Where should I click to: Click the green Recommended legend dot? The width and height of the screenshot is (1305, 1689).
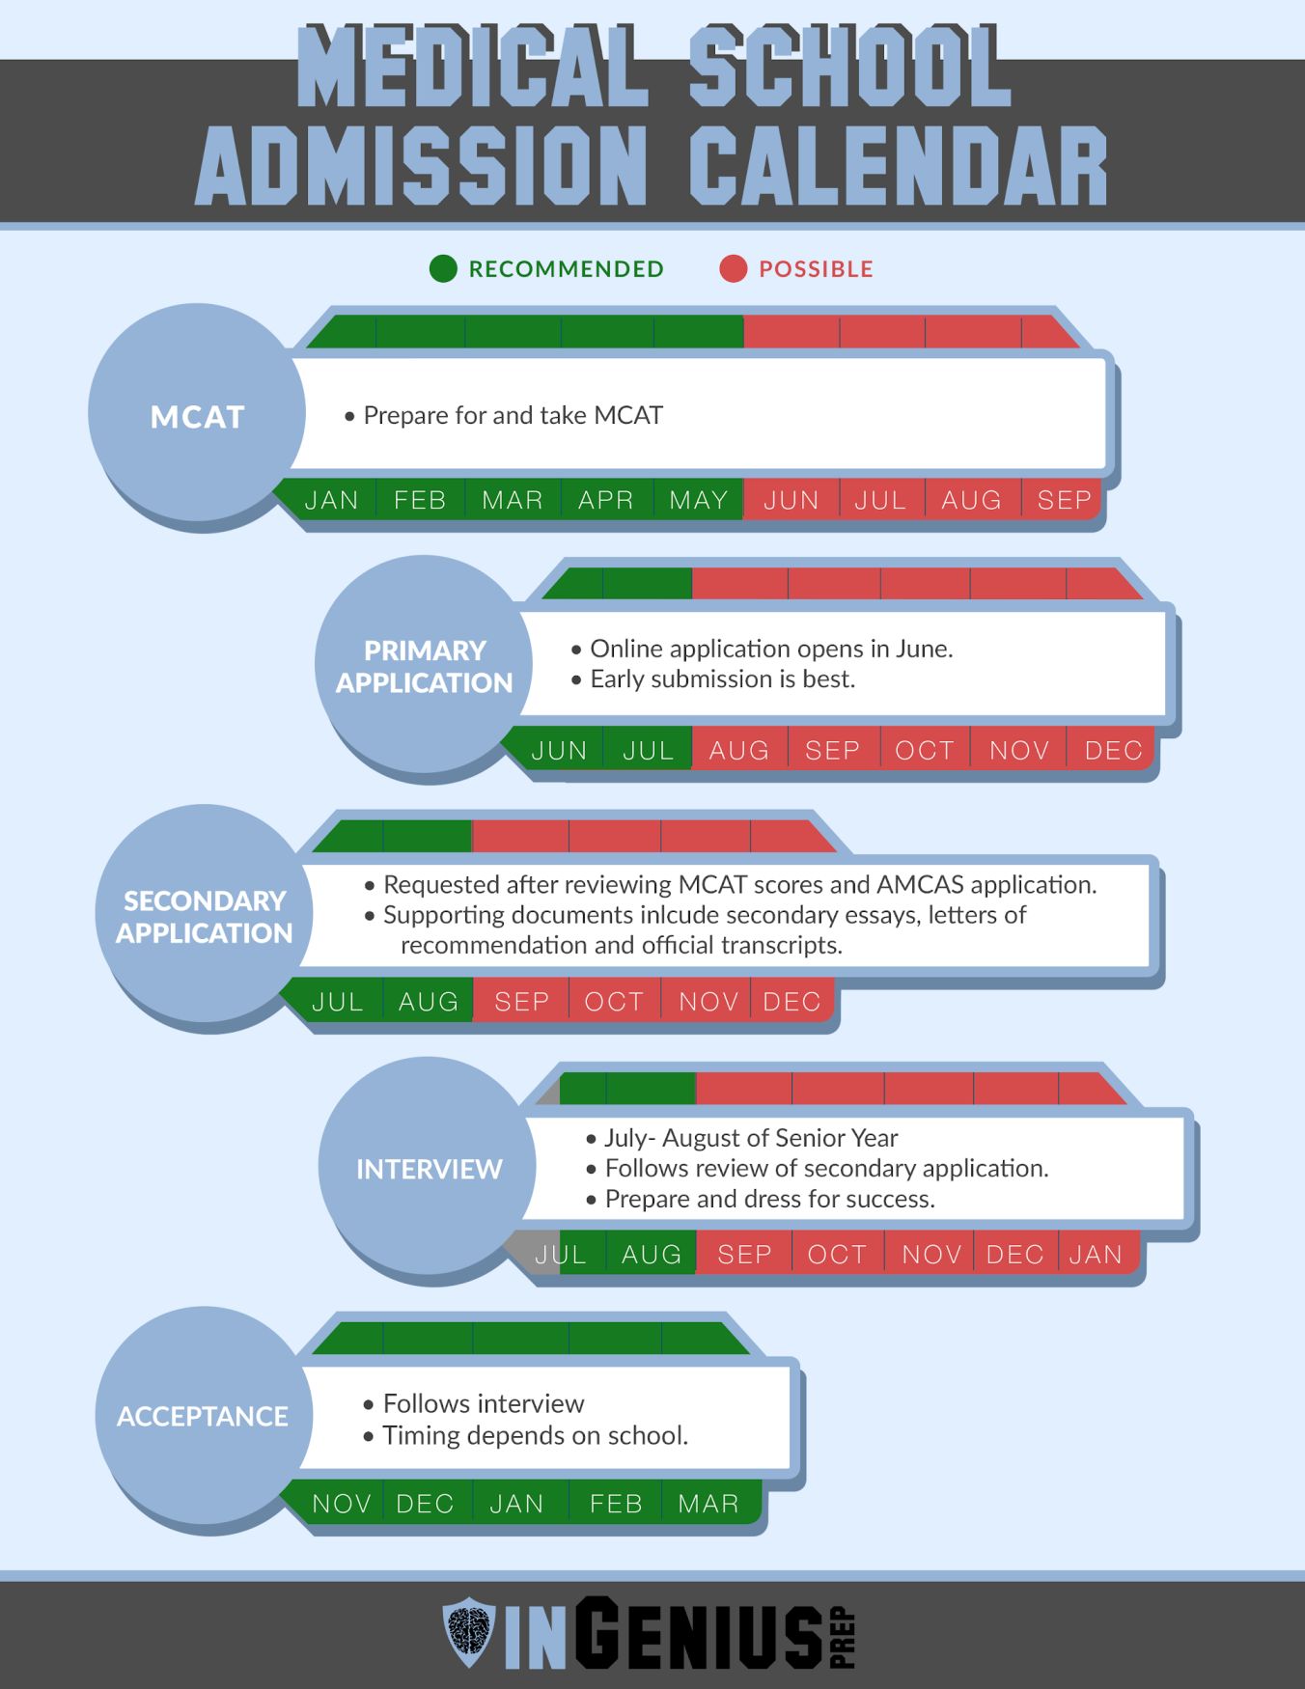point(443,268)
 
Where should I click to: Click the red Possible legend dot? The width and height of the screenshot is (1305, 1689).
point(734,268)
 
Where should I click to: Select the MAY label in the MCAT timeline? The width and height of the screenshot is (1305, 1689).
point(699,500)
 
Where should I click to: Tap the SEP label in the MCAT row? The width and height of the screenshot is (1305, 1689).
point(1064,500)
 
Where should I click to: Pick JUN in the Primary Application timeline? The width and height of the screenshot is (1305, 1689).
point(559,750)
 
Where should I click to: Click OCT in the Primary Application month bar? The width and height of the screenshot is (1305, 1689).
point(925,750)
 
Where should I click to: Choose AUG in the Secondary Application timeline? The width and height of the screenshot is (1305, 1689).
point(429,1002)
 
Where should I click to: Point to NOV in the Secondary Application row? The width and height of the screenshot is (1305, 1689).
point(708,1002)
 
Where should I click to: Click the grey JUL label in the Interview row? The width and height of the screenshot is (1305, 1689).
point(560,1254)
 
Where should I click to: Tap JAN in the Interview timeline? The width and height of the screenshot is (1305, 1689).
point(1096,1254)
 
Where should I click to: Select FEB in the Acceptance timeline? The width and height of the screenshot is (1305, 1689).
point(616,1504)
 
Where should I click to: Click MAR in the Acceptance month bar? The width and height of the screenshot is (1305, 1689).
point(708,1504)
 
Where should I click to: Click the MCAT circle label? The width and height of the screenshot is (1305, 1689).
point(198,417)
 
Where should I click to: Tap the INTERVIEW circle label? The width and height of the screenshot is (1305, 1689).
point(430,1170)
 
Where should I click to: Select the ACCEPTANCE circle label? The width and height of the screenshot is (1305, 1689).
point(203,1416)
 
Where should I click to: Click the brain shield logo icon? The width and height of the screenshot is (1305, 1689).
point(469,1632)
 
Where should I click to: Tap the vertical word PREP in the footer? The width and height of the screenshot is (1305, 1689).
point(843,1637)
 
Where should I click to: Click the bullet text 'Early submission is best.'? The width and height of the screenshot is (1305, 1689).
point(723,678)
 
